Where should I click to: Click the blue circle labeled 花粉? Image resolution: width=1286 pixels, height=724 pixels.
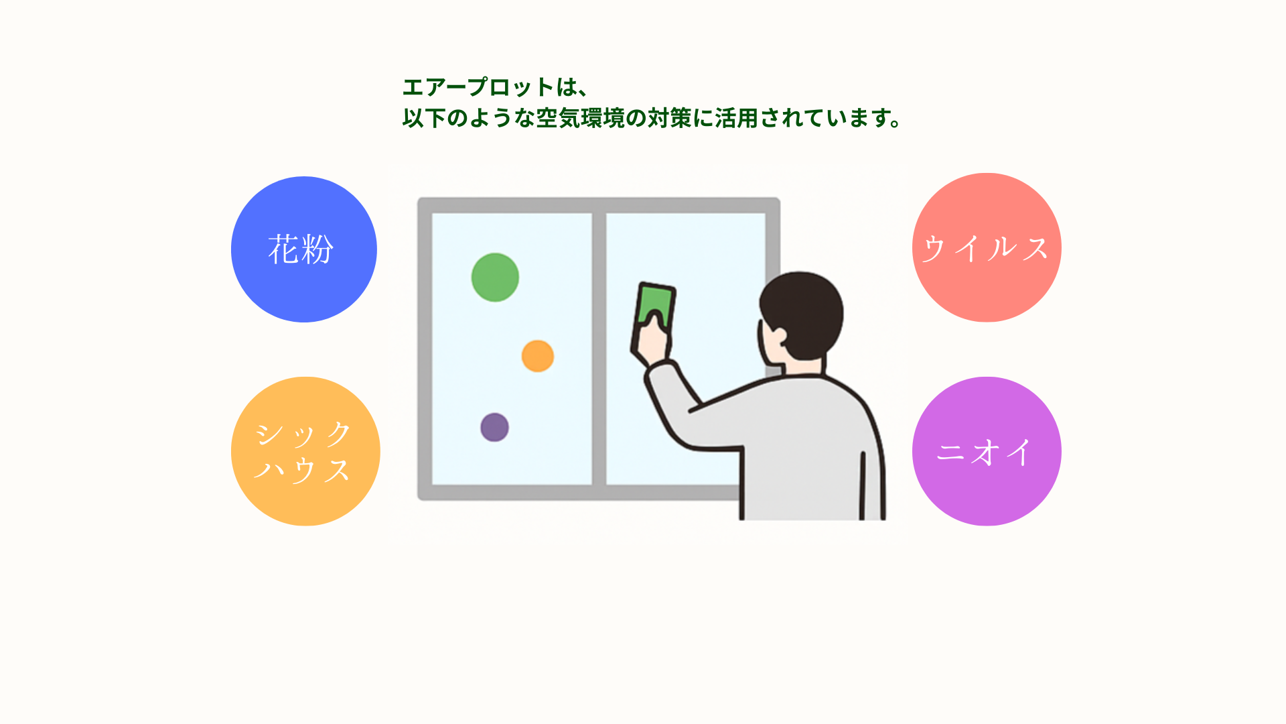[x=304, y=249]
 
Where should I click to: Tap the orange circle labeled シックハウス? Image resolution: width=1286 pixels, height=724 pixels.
[x=305, y=451]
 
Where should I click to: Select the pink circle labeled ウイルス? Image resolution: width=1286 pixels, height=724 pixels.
[x=987, y=247]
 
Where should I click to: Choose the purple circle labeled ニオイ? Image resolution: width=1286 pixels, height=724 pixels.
[x=987, y=451]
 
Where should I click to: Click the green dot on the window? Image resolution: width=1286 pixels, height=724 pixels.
[x=495, y=278]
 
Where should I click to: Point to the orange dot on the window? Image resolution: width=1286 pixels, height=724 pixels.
[x=538, y=356]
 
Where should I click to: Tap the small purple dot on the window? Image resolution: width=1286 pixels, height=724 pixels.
[x=495, y=427]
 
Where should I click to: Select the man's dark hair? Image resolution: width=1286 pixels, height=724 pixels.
[x=802, y=312]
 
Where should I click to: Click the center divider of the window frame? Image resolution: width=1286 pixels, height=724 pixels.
[x=599, y=349]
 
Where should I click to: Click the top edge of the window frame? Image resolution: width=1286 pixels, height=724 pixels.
[x=599, y=204]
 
